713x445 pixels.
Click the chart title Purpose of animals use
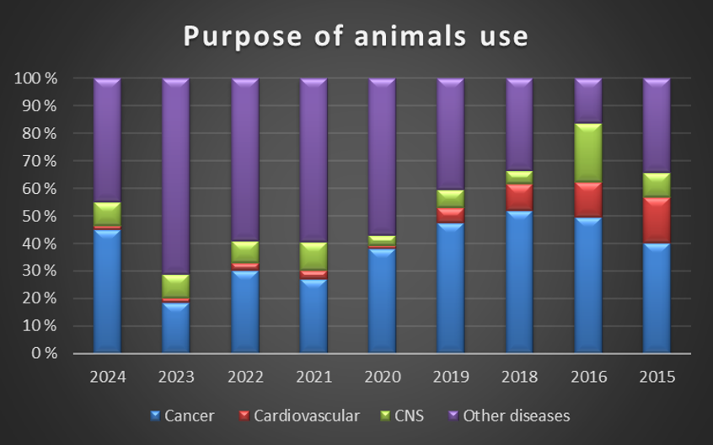[x=356, y=36]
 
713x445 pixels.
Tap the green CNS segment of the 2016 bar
[x=588, y=153]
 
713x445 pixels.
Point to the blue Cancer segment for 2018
[x=519, y=281]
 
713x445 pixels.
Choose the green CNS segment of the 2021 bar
[x=314, y=256]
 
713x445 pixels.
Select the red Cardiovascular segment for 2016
[x=588, y=200]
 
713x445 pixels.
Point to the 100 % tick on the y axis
[x=35, y=78]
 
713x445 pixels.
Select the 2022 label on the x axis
[x=244, y=377]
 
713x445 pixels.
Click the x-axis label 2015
[x=657, y=377]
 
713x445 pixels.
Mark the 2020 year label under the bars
[x=382, y=377]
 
